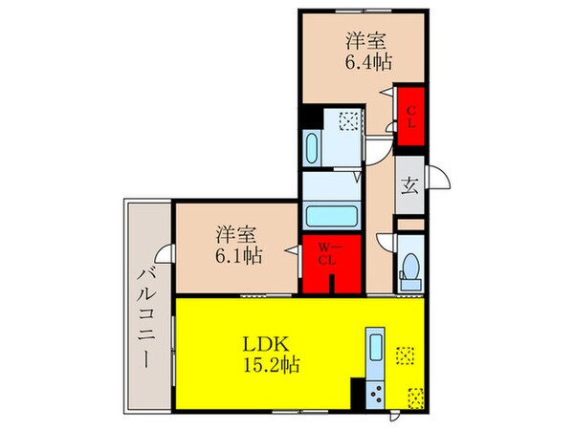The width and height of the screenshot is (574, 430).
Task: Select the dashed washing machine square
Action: click(x=350, y=120)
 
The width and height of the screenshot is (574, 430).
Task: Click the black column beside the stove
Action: click(x=358, y=393)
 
